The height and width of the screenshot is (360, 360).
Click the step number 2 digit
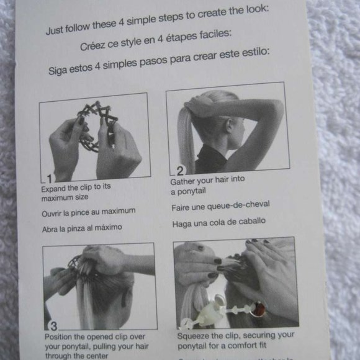(x=180, y=169)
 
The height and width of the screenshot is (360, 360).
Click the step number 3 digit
(x=53, y=325)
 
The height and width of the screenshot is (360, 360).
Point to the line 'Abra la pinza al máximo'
(x=81, y=228)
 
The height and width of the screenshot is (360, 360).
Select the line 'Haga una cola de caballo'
(x=218, y=222)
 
